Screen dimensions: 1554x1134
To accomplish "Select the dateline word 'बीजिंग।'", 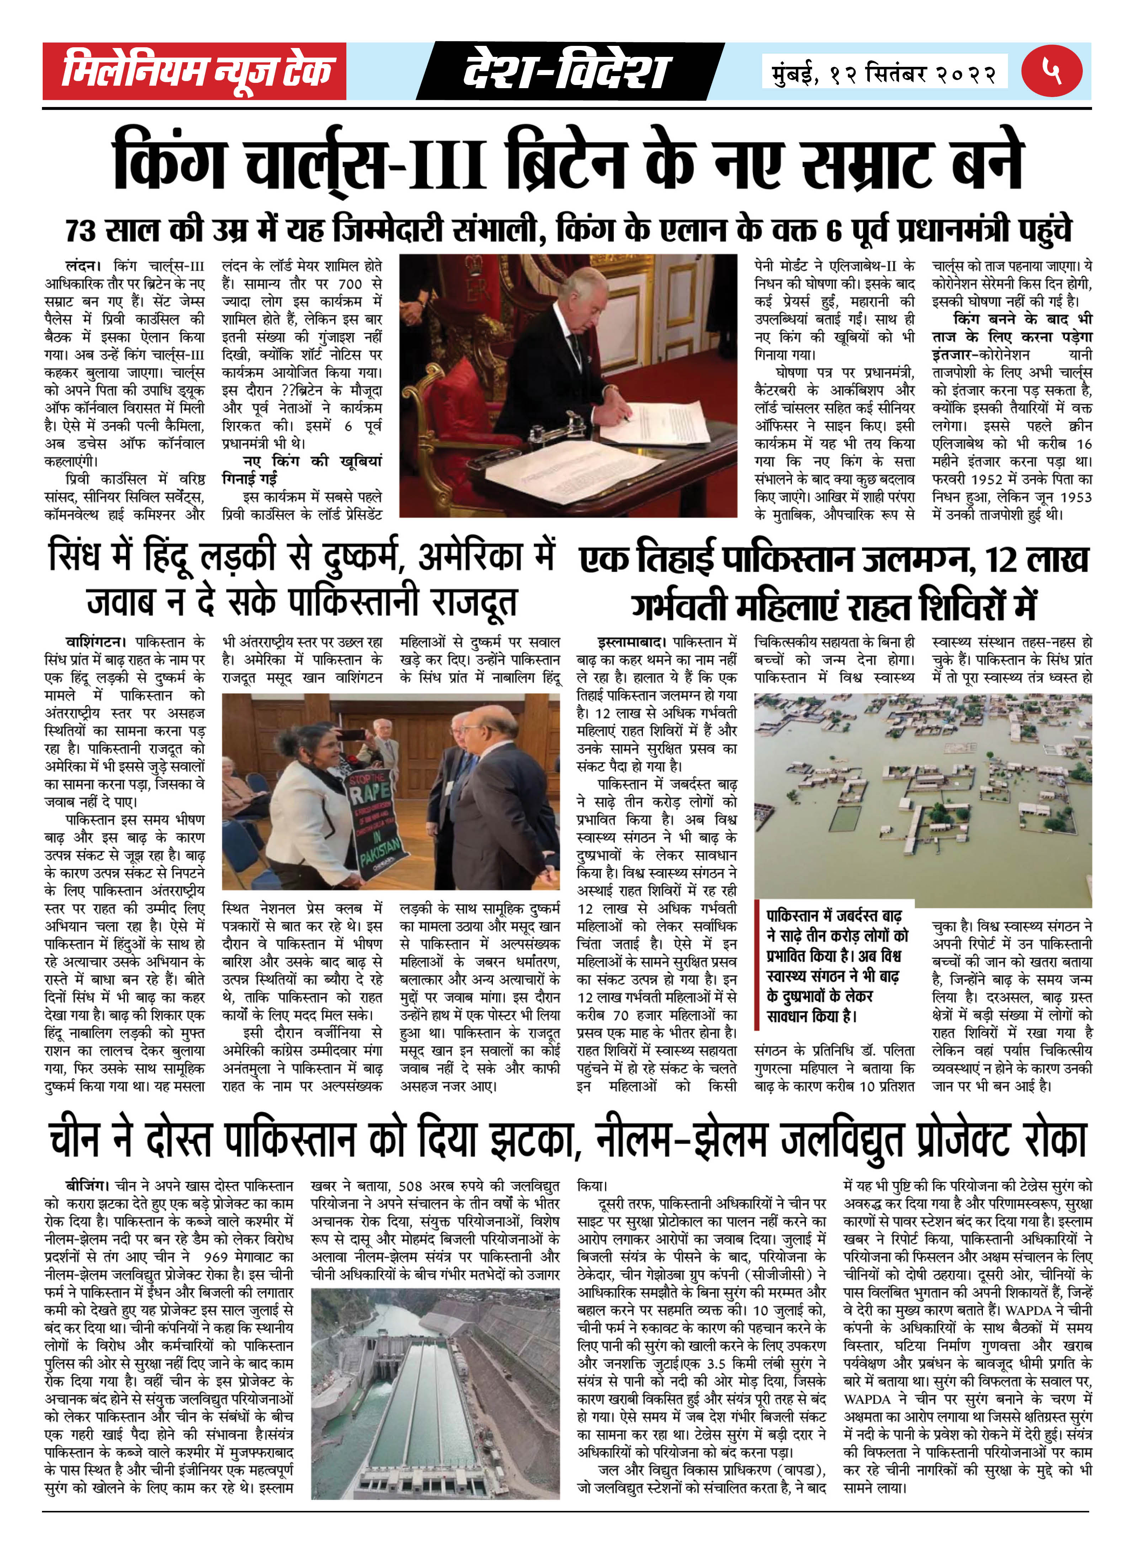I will pyautogui.click(x=86, y=1185).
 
